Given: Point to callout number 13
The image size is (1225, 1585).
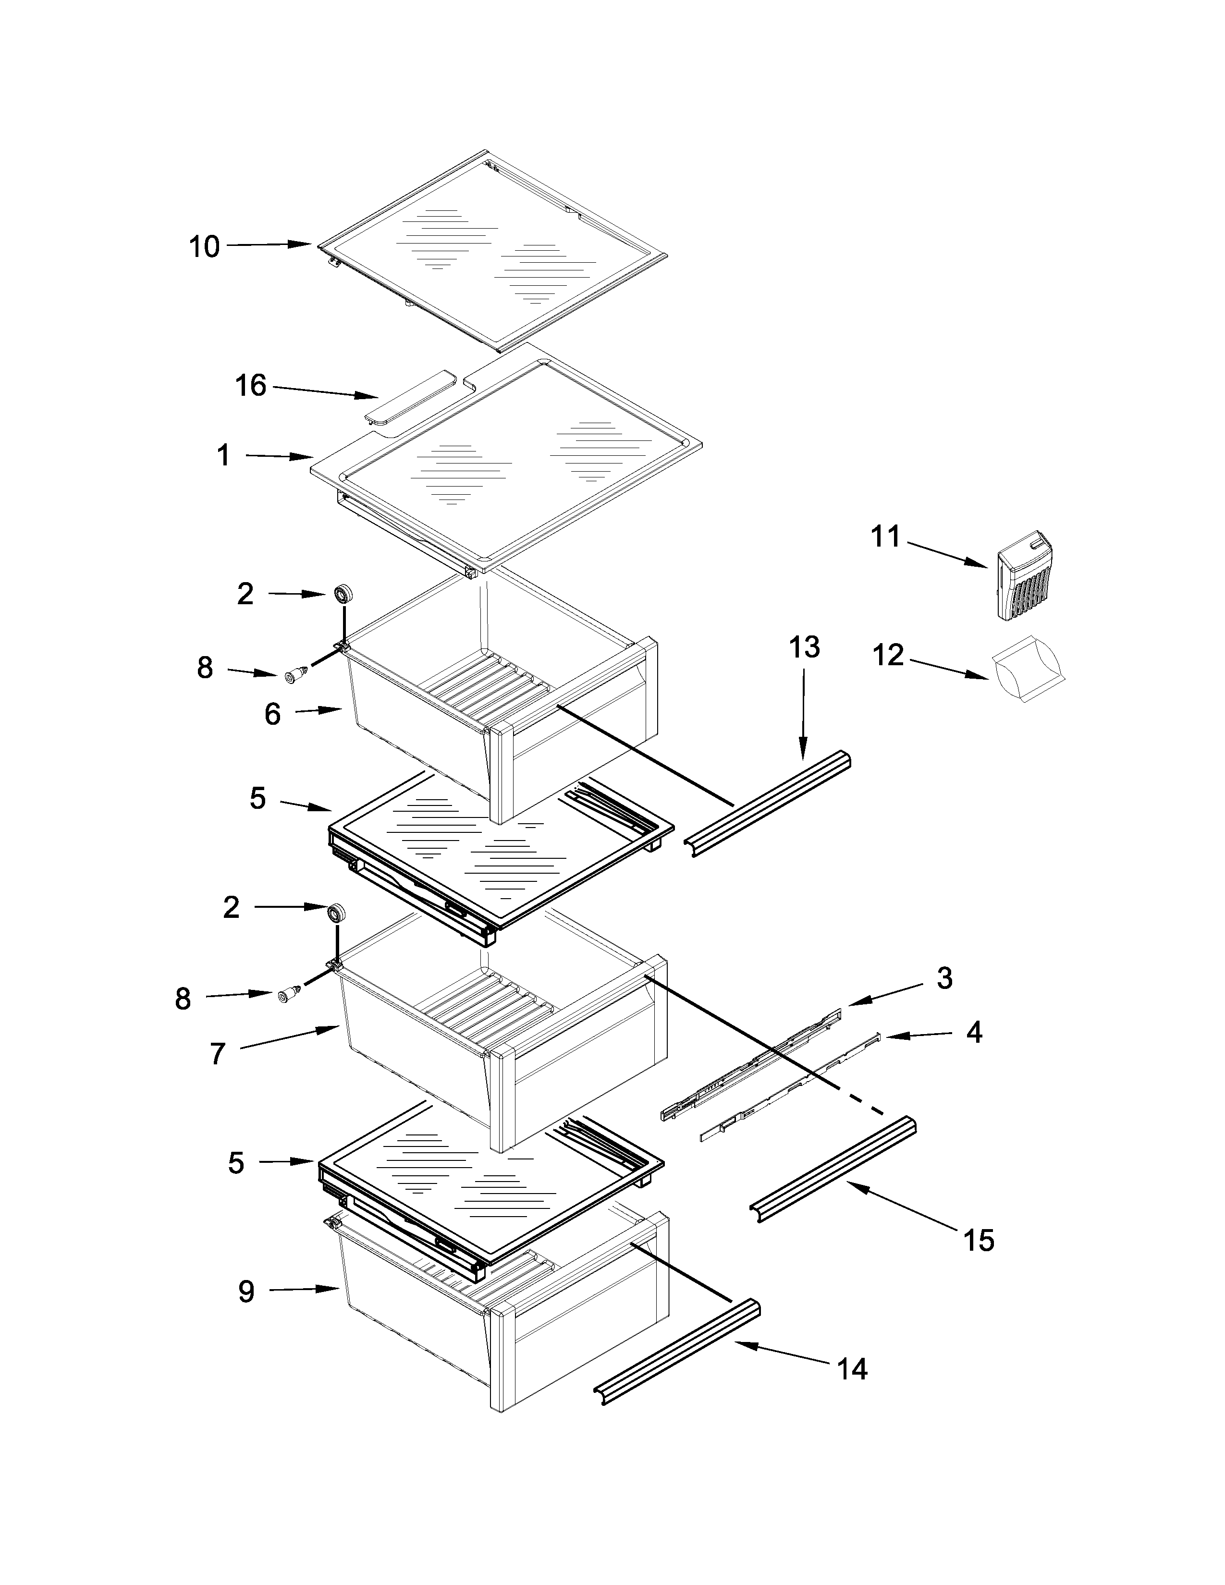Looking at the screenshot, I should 804,646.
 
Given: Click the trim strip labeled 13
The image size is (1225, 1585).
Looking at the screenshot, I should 768,804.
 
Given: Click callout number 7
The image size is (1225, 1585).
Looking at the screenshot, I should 218,1054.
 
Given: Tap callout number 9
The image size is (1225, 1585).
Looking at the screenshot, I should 247,1291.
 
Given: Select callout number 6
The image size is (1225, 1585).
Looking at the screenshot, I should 272,714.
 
